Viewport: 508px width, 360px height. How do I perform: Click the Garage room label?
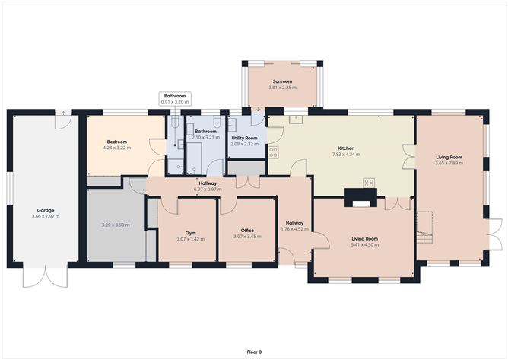click(x=46, y=211)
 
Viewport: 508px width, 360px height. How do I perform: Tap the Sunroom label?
click(x=282, y=81)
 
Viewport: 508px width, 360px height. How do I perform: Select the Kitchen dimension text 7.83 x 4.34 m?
click(x=346, y=155)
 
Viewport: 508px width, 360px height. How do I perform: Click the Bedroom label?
click(x=117, y=142)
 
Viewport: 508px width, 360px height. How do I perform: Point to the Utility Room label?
click(x=245, y=139)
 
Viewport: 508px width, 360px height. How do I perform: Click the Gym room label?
click(x=190, y=233)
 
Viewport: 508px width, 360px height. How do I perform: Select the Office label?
click(x=247, y=231)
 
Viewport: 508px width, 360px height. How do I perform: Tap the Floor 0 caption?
click(x=254, y=352)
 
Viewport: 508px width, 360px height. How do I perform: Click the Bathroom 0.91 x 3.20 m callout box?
click(x=175, y=99)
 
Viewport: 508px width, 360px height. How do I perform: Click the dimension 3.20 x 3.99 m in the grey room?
click(x=116, y=225)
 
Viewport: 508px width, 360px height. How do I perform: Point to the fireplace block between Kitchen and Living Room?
click(x=360, y=198)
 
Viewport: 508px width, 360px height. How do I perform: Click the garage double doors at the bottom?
click(x=46, y=275)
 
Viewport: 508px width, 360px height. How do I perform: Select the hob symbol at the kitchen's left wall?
click(x=274, y=152)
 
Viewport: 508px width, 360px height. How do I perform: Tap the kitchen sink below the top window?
click(x=296, y=119)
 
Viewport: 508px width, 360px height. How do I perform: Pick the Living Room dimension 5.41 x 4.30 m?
click(x=364, y=245)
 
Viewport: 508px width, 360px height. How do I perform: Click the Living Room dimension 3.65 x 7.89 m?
click(x=449, y=163)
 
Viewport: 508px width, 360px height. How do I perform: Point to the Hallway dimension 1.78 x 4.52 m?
click(x=294, y=229)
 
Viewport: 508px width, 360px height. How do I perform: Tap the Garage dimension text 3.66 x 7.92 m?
click(x=46, y=216)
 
